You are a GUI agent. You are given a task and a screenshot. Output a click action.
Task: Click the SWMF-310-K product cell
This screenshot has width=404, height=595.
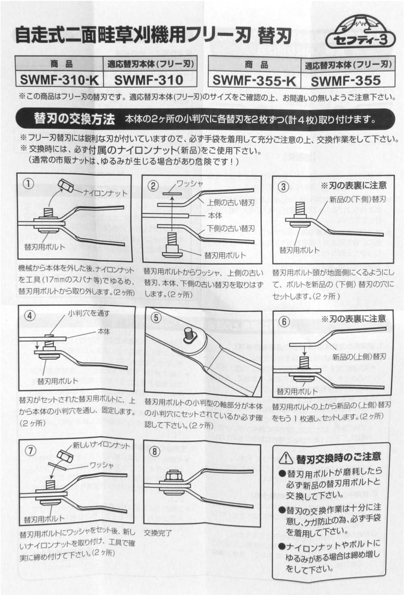pyautogui.click(x=59, y=80)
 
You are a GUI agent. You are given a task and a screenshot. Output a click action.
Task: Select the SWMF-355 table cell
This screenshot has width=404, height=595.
pyautogui.click(x=346, y=80)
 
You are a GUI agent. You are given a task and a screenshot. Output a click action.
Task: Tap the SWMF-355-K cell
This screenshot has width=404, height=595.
pyautogui.click(x=255, y=80)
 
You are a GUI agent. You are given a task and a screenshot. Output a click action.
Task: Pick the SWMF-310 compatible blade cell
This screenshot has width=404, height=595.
pyautogui.click(x=149, y=80)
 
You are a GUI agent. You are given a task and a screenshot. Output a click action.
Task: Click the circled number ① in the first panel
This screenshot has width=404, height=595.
pyautogui.click(x=29, y=184)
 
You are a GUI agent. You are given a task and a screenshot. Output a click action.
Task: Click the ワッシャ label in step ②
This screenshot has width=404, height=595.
pyautogui.click(x=189, y=183)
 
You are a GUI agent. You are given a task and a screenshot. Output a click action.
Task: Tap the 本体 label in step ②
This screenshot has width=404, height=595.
pyautogui.click(x=215, y=215)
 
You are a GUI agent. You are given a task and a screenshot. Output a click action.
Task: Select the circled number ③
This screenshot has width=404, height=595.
pyautogui.click(x=283, y=186)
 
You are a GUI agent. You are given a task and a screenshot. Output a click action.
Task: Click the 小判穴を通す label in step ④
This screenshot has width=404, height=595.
pyautogui.click(x=89, y=313)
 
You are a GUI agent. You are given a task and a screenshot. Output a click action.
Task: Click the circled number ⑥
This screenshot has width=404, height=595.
pyautogui.click(x=284, y=321)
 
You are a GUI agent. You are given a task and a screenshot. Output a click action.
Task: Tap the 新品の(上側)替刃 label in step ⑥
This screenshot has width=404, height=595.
pyautogui.click(x=359, y=356)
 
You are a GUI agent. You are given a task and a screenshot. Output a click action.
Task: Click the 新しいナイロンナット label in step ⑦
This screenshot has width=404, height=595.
pyautogui.click(x=101, y=444)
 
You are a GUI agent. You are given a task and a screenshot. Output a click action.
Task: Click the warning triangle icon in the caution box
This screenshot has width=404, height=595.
pyautogui.click(x=286, y=458)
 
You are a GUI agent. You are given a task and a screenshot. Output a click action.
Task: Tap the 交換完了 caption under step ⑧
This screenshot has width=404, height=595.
pyautogui.click(x=158, y=533)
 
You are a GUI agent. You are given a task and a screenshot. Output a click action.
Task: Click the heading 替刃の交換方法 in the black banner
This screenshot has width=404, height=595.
pyautogui.click(x=74, y=119)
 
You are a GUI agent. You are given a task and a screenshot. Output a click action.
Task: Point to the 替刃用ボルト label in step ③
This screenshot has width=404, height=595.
pyautogui.click(x=299, y=250)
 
